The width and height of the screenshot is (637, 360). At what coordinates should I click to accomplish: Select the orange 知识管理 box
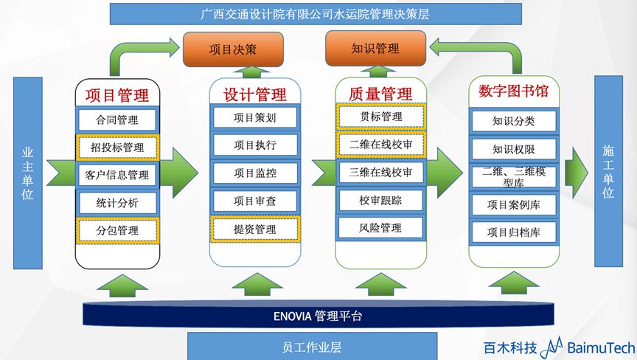pyautogui.click(x=375, y=49)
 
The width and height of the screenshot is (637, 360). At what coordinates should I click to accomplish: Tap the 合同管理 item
pyautogui.click(x=117, y=120)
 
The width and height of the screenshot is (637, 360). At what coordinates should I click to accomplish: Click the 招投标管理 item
pyautogui.click(x=117, y=148)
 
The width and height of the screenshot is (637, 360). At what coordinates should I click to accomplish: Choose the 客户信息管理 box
pyautogui.click(x=117, y=175)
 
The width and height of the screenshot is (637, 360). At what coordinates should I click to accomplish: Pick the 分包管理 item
pyautogui.click(x=117, y=230)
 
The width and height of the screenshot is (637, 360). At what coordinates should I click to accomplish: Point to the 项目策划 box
pyautogui.click(x=254, y=117)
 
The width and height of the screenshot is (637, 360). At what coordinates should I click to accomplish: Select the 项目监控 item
pyautogui.click(x=254, y=173)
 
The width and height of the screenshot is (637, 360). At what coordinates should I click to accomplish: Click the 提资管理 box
pyautogui.click(x=254, y=229)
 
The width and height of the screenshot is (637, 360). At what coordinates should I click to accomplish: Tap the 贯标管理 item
pyautogui.click(x=380, y=117)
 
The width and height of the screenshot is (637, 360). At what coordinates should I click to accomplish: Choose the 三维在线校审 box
pyautogui.click(x=380, y=172)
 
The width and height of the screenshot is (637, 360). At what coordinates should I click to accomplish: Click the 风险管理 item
pyautogui.click(x=380, y=227)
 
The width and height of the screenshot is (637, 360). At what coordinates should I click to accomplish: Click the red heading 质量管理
pyautogui.click(x=380, y=94)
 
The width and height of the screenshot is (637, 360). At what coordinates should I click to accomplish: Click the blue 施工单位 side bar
pyautogui.click(x=608, y=172)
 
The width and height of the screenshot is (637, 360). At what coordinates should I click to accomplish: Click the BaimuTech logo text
pyautogui.click(x=595, y=347)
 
